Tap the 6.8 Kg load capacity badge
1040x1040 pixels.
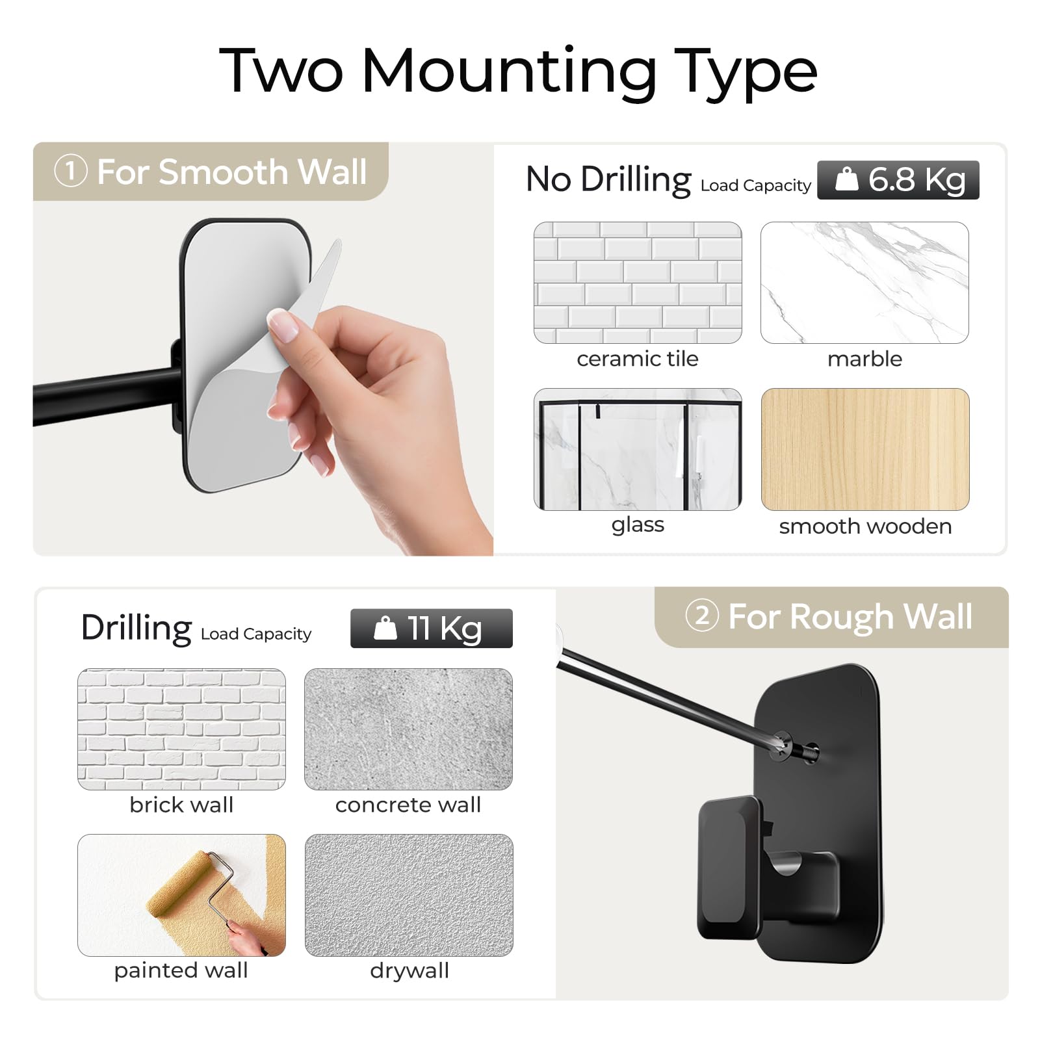click(898, 180)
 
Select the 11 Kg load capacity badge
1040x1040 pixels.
click(432, 629)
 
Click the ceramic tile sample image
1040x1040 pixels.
click(638, 283)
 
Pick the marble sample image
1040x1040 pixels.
click(864, 283)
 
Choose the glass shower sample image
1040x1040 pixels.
click(638, 449)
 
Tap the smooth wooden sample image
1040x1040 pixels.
click(865, 449)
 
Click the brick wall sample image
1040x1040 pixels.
click(181, 729)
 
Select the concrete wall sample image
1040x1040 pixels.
click(408, 729)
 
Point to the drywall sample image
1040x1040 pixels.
click(409, 895)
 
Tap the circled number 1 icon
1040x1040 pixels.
click(71, 172)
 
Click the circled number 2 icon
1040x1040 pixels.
click(702, 616)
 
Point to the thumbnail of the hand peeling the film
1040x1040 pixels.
click(263, 349)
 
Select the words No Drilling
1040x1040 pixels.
click(608, 179)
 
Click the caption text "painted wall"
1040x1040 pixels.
click(181, 970)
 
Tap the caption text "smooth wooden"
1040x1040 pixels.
click(865, 526)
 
